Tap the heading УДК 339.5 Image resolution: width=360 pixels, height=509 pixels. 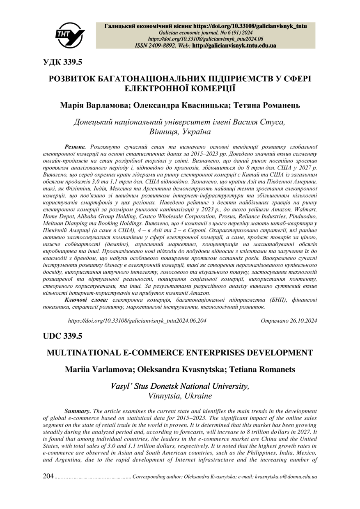[x=63, y=62]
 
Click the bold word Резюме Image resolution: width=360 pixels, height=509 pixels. [x=75, y=146]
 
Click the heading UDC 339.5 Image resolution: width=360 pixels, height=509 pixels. [x=63, y=336]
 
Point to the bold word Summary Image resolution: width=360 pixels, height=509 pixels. [x=78, y=411]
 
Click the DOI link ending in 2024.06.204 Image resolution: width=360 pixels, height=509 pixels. [x=137, y=320]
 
